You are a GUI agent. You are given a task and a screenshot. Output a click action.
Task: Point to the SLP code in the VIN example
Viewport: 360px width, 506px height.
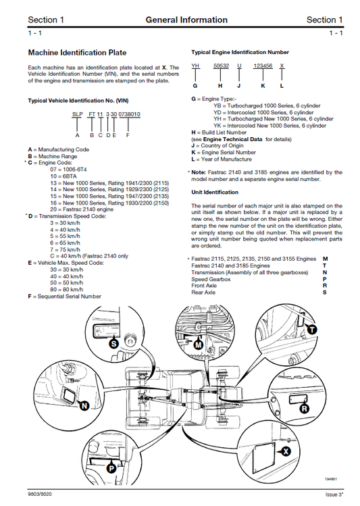77,116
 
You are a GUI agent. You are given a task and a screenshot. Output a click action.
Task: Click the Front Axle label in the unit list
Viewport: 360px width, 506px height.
205,285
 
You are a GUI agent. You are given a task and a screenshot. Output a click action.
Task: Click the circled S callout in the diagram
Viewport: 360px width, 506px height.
114,343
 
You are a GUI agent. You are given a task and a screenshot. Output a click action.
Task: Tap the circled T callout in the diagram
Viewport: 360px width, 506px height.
312,328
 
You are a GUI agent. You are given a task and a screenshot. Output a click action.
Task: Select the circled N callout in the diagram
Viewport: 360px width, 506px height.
84,405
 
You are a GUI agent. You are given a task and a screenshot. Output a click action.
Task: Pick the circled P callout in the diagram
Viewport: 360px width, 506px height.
111,468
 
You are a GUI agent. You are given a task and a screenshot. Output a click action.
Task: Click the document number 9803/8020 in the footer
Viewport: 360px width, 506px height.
43,496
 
